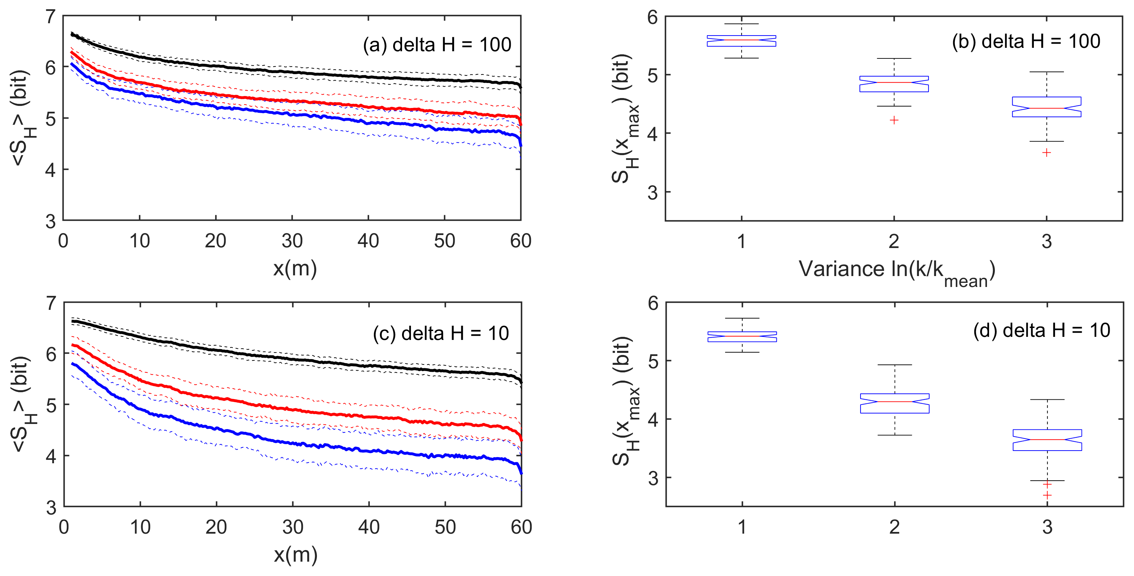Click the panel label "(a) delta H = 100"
pyautogui.click(x=437, y=45)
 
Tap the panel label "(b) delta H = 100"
pyautogui.click(x=1026, y=42)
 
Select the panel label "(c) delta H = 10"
pyautogui.click(x=441, y=333)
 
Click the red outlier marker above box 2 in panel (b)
pyautogui.click(x=894, y=120)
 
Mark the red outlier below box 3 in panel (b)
pyautogui.click(x=1047, y=153)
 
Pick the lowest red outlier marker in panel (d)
pyautogui.click(x=1047, y=495)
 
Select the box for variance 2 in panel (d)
pyautogui.click(x=895, y=403)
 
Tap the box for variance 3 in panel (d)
pyautogui.click(x=1047, y=440)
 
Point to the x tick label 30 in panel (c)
pyautogui.click(x=292, y=527)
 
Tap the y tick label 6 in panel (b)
pyautogui.click(x=652, y=18)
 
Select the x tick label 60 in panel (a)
pyautogui.click(x=520, y=241)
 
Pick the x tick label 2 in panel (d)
pyautogui.click(x=895, y=527)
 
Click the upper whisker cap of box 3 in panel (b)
pyautogui.click(x=1047, y=72)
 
